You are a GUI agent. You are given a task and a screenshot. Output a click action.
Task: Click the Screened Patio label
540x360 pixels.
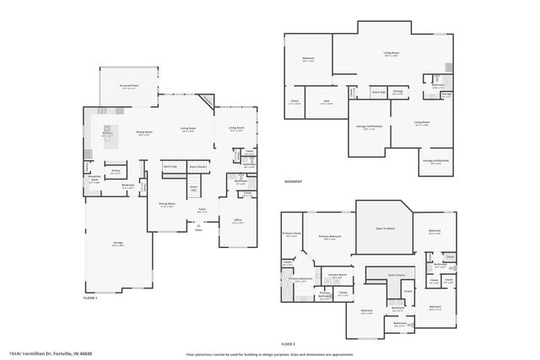[x=129, y=87]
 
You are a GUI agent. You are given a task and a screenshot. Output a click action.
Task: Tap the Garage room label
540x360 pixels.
[x=118, y=243]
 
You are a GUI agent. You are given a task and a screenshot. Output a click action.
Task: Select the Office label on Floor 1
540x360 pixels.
[x=237, y=220]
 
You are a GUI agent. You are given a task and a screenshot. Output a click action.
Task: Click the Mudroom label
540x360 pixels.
[x=127, y=185]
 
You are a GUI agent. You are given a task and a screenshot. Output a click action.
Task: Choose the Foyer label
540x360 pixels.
[x=202, y=209]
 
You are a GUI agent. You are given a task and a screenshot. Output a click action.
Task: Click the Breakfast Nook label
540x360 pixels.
[x=95, y=178]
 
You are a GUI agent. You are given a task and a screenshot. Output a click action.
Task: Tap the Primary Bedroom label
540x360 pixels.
[x=329, y=237]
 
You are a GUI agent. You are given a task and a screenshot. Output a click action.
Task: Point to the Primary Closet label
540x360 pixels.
[x=291, y=234]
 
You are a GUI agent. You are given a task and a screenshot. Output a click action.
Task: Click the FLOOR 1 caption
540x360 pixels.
[x=90, y=298]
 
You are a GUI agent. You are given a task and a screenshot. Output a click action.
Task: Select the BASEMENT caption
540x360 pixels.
[x=293, y=180]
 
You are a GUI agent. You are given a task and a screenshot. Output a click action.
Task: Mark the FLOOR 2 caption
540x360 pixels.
[x=289, y=344]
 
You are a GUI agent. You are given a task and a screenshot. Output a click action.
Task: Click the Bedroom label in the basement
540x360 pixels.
[x=308, y=58]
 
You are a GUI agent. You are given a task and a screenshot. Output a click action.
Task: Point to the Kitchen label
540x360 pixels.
[x=108, y=132]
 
